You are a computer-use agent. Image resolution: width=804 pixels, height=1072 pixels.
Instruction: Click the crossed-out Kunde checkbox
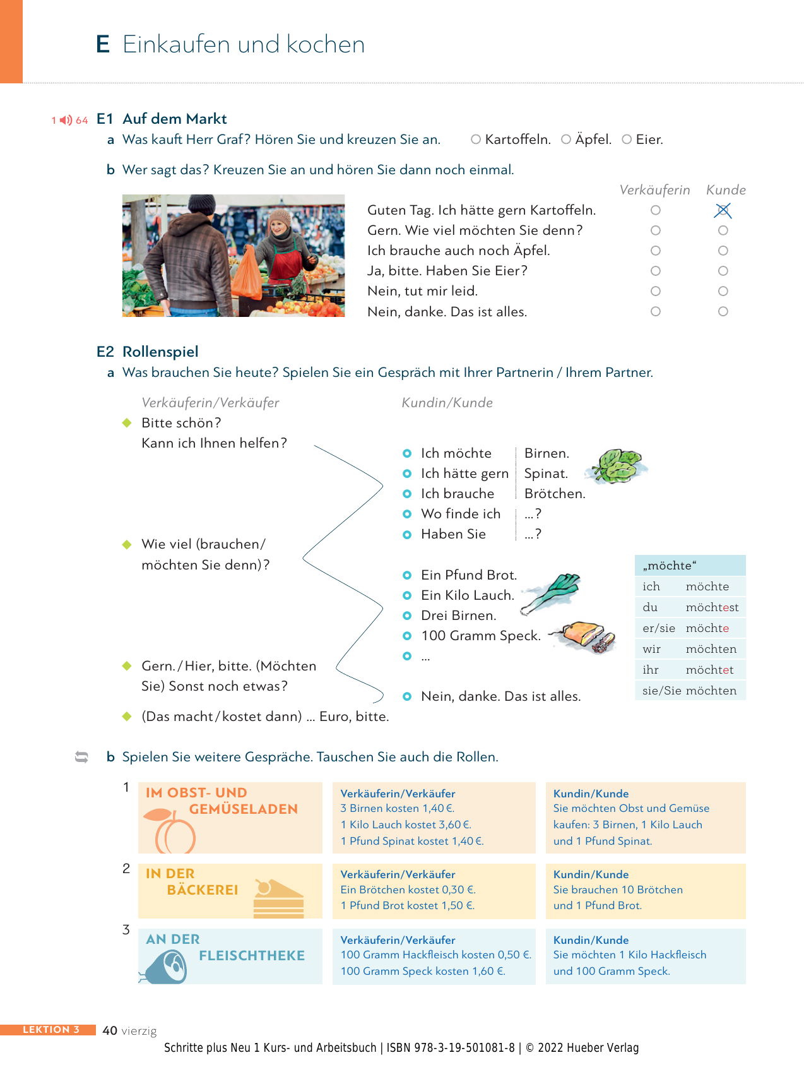(723, 210)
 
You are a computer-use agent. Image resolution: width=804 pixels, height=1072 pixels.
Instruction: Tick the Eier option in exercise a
(627, 140)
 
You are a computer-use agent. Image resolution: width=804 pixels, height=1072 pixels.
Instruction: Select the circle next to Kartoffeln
(476, 140)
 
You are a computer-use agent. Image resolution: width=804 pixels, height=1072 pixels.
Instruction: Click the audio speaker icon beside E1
(66, 120)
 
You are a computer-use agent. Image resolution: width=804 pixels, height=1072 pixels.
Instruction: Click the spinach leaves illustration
(616, 466)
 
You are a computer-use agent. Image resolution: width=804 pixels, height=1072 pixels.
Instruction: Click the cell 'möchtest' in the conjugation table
(712, 607)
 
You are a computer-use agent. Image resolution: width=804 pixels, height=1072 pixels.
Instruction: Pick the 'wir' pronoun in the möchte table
(651, 649)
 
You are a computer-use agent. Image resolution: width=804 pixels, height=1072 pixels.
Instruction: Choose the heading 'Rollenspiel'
(160, 352)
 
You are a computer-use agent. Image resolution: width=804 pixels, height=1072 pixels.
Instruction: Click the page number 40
(110, 1030)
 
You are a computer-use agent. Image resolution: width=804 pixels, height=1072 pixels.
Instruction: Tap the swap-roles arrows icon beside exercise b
(81, 756)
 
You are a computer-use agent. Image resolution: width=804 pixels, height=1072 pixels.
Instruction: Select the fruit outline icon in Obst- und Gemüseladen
(172, 832)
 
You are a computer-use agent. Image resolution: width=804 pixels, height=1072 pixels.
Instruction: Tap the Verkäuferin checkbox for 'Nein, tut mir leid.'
(656, 291)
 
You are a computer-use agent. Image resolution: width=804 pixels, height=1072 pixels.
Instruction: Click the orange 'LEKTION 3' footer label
(50, 1030)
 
